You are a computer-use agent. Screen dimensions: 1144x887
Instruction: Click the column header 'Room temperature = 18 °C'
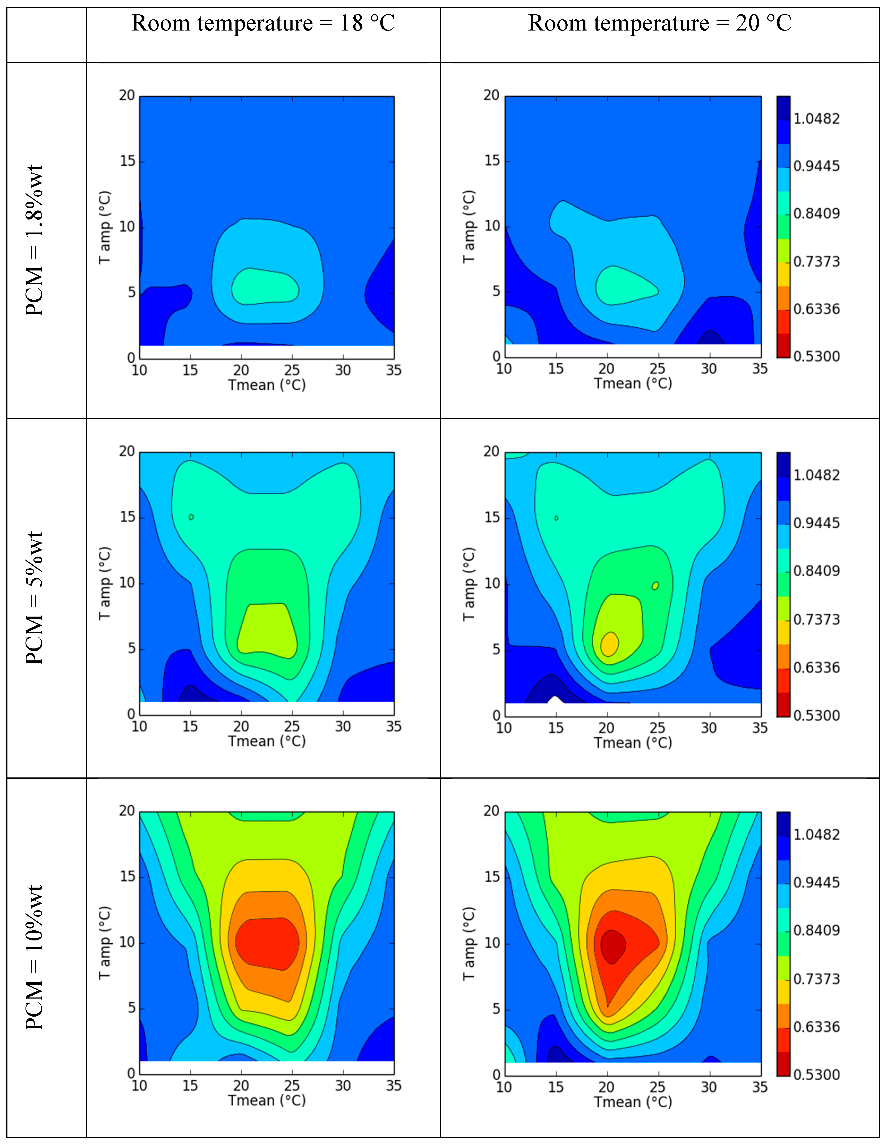[x=263, y=24]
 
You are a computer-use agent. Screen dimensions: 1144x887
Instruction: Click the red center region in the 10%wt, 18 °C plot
[x=267, y=943]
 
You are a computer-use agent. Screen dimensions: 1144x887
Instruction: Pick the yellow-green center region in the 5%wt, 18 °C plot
[x=266, y=629]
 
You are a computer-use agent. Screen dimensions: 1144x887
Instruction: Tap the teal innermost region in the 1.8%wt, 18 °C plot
[x=265, y=286]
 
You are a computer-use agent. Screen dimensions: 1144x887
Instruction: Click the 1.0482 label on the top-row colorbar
[x=816, y=119]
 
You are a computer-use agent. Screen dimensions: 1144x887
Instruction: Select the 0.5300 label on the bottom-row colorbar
[x=816, y=1075]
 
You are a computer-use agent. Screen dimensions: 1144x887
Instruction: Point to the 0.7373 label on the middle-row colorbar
[x=816, y=620]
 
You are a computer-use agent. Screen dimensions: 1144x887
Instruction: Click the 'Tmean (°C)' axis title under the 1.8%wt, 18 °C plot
[x=267, y=385]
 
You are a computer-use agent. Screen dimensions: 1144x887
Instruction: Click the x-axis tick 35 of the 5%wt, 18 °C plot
[x=393, y=726]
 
